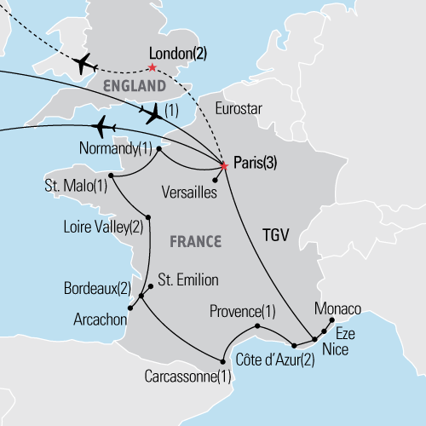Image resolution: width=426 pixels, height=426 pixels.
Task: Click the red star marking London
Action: coord(152,67)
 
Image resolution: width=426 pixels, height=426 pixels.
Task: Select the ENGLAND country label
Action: coord(135,87)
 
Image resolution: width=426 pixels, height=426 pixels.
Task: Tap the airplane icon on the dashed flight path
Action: coord(85,62)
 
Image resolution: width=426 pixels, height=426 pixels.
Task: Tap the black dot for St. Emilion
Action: coord(150,287)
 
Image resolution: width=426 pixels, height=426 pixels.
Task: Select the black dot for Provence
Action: coord(256,326)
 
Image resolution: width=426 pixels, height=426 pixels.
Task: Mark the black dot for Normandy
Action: coord(159,148)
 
